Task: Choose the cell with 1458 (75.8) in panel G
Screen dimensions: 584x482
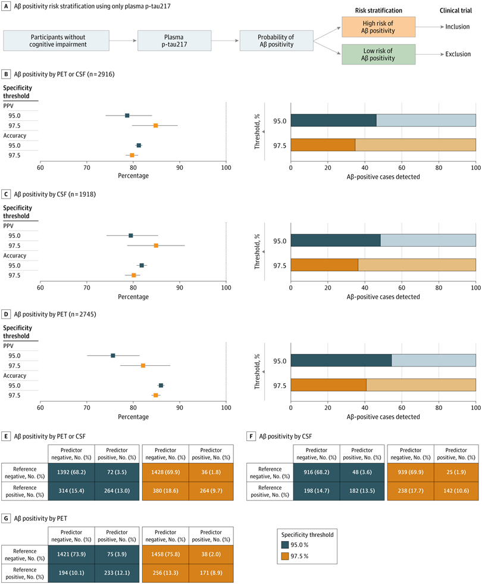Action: (165, 552)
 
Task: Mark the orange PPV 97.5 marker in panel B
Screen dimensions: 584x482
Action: (156, 126)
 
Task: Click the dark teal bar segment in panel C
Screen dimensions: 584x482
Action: (335, 240)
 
